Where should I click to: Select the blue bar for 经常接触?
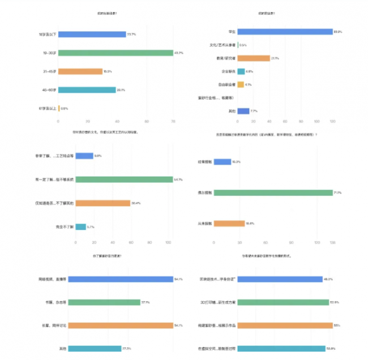[222, 162]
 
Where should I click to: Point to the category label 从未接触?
[205, 223]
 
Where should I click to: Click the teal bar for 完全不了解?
[80, 226]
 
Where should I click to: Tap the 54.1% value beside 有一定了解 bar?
[178, 179]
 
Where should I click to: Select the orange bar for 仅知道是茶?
[102, 203]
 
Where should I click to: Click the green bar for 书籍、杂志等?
[108, 302]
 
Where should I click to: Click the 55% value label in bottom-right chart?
[336, 325]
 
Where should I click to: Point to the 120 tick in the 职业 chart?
[332, 121]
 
